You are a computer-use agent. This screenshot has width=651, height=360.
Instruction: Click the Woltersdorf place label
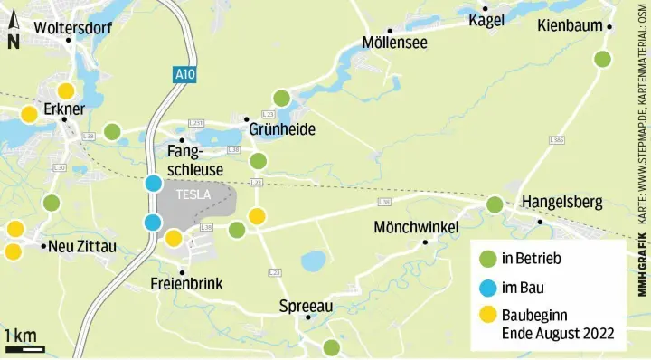[x=73, y=28]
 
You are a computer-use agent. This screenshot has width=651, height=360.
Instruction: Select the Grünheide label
[x=282, y=130]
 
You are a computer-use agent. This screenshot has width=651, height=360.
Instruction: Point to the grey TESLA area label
[x=193, y=194]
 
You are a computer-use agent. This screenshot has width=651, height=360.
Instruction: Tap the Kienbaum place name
[x=570, y=26]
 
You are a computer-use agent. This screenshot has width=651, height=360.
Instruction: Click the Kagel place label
[x=486, y=20]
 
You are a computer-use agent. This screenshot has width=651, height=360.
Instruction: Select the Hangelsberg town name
[x=561, y=203]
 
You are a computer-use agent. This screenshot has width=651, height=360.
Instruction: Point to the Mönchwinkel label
[x=417, y=227]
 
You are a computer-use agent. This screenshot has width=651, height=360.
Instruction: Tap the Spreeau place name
[x=307, y=306]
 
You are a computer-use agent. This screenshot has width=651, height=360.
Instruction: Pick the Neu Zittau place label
[x=83, y=246]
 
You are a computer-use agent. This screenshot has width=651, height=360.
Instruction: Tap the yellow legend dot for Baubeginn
[x=488, y=316]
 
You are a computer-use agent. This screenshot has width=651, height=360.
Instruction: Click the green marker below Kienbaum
[x=602, y=60]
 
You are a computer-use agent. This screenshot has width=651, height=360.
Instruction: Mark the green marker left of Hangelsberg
[x=495, y=204]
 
